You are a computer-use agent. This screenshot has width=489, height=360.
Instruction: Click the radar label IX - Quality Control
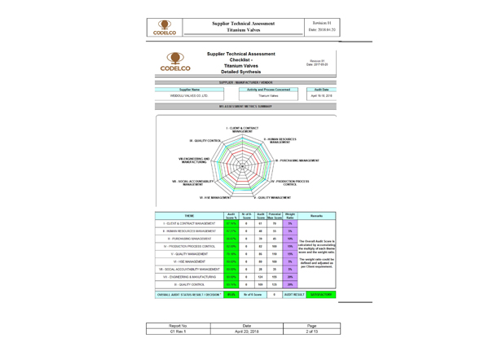[205, 141]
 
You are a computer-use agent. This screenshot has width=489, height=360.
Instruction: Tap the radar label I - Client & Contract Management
[242, 129]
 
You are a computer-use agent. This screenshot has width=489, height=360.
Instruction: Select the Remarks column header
[317, 216]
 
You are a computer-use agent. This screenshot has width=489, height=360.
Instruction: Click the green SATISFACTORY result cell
[317, 294]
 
